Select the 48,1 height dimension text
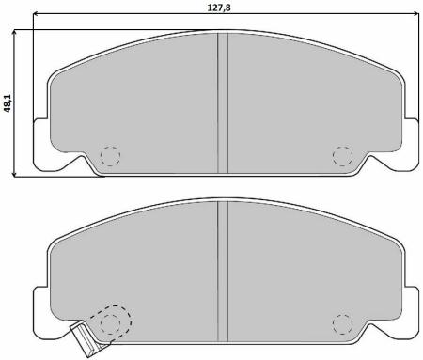coord(7,102)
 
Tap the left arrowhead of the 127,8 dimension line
coord(35,16)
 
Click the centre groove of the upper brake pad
coord(223,99)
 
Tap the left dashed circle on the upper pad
coord(111,155)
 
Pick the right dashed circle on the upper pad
coord(342,155)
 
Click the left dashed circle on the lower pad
coord(111,323)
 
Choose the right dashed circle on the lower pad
coord(342,323)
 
